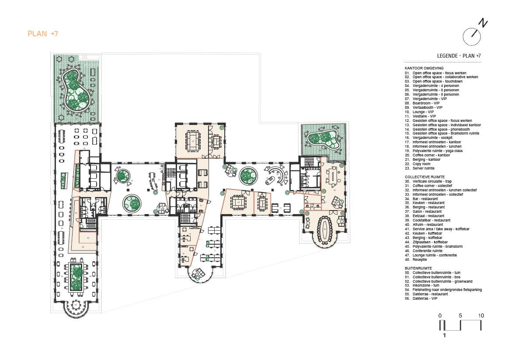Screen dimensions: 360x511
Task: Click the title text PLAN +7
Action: coord(43,34)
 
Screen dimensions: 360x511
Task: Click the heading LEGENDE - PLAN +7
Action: coord(459,56)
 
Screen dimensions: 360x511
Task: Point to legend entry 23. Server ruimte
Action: coord(423,168)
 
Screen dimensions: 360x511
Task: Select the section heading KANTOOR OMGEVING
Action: coord(424,68)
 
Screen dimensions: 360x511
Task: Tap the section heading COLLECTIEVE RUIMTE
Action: coord(425,177)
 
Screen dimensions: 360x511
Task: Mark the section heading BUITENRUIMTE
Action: coord(418,268)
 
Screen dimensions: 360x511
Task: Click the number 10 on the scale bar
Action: coord(481,315)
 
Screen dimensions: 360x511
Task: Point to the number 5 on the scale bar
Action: coord(460,315)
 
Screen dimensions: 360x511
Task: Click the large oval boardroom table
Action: coord(325,229)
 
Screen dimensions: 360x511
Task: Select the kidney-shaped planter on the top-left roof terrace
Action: coord(76,90)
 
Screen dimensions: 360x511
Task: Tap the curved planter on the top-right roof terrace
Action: coord(324,139)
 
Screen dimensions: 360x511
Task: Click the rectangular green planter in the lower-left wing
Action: coord(76,277)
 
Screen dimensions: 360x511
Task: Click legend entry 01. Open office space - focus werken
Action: coord(435,73)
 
